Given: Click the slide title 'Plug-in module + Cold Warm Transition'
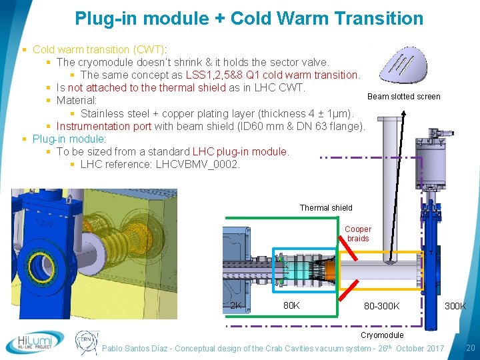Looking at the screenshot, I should point(249,18).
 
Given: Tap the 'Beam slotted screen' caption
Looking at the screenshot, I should point(403,97).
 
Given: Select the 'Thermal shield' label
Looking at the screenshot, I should point(326,208).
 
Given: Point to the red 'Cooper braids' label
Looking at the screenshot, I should point(358,234).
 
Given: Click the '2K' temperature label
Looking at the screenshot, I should point(235,306).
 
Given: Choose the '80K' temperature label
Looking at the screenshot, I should point(291,306).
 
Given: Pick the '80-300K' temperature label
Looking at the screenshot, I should point(381,306).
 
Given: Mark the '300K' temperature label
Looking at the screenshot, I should point(455,306).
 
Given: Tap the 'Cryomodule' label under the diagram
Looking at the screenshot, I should point(382,335).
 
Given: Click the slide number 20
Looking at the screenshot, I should point(470,347).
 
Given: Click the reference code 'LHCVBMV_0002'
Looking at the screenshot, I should point(198,164).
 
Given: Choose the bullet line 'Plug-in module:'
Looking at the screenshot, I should point(69,139).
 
